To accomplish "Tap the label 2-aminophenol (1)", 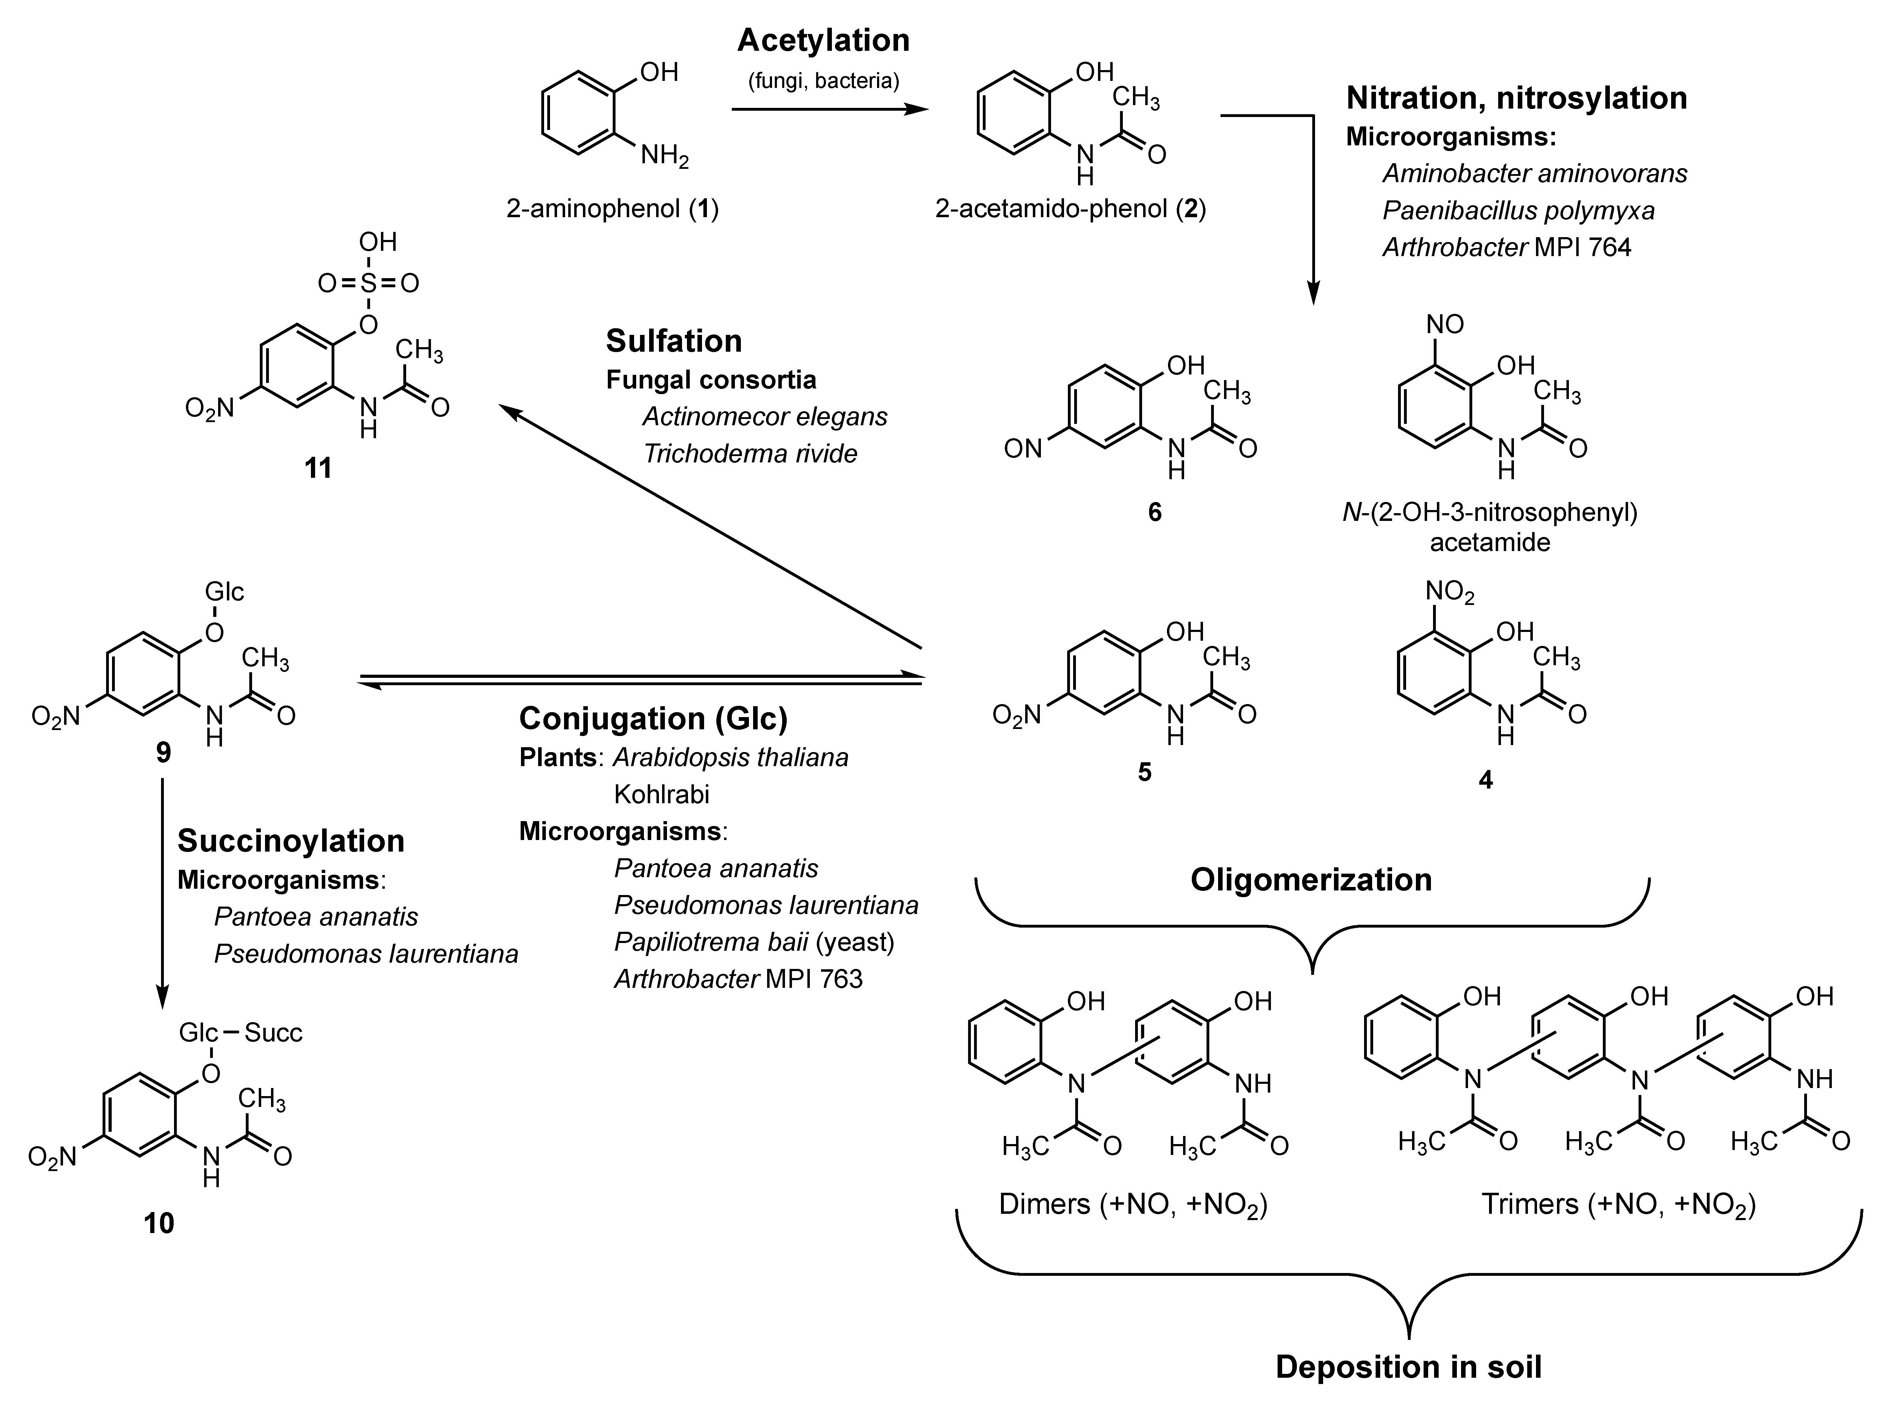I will (612, 208).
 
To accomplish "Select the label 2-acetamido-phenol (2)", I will (1070, 208).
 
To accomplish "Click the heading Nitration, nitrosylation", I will (1516, 98).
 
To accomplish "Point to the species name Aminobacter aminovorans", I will (1534, 173).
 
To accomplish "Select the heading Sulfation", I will (674, 341).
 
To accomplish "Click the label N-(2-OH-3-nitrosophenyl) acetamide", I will (1490, 527).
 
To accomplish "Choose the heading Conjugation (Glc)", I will (653, 718).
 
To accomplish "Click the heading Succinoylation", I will (291, 840).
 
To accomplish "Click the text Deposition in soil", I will (1408, 1367).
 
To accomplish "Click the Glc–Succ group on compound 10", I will (241, 1033).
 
